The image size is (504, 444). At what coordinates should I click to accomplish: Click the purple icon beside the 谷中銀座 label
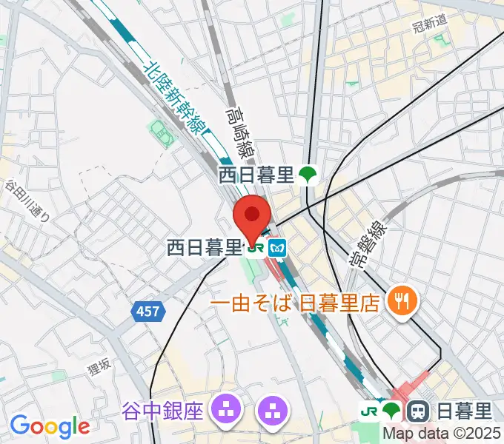click(x=225, y=408)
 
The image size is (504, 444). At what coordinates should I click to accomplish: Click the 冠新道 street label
click(x=429, y=23)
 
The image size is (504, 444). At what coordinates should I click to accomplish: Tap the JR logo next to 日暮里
click(x=368, y=409)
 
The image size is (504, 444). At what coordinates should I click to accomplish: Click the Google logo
click(x=50, y=425)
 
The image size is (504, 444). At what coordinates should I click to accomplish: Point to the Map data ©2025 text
click(x=442, y=434)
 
